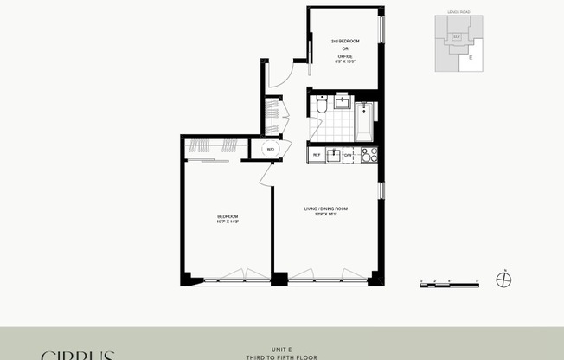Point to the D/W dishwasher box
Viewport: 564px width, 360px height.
(348, 155)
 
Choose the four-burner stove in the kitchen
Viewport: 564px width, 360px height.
(369, 155)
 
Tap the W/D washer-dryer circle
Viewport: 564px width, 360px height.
(270, 149)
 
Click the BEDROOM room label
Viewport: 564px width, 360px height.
(228, 215)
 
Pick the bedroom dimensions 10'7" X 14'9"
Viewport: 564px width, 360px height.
(228, 222)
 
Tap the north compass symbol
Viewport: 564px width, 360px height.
(506, 281)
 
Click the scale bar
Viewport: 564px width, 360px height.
(449, 283)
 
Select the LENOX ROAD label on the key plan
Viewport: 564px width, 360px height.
(458, 12)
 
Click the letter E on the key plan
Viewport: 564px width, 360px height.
(471, 58)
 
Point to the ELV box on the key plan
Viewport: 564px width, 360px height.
(457, 36)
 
